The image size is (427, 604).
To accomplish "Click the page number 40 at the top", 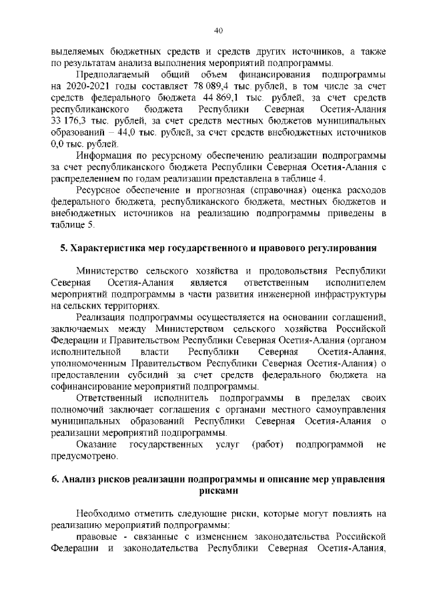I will tap(218, 29).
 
